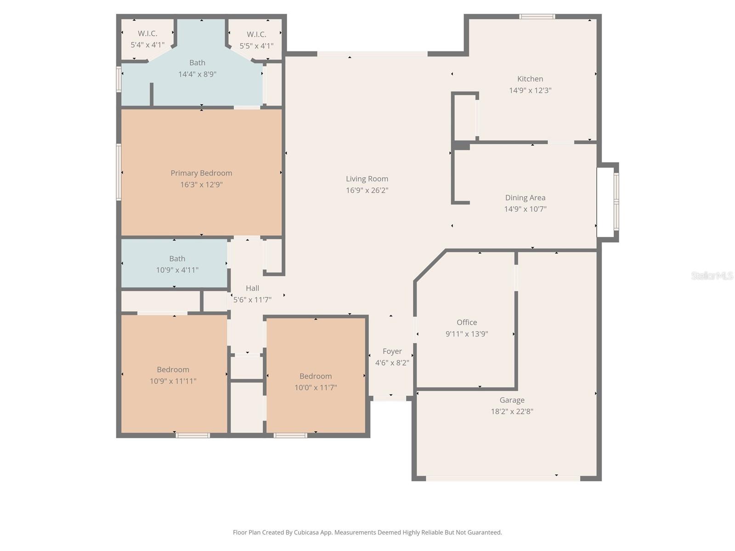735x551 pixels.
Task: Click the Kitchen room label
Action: click(530, 79)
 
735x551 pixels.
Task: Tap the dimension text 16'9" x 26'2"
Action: click(367, 191)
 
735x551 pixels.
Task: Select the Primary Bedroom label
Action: click(201, 173)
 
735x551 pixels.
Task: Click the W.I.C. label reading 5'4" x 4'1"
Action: click(147, 39)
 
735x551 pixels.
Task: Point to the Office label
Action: click(467, 322)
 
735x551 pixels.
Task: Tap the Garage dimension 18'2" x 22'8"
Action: click(512, 411)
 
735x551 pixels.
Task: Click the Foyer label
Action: click(392, 351)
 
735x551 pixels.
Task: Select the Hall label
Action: click(252, 288)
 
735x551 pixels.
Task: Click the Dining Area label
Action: click(525, 198)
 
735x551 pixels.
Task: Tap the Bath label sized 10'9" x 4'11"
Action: click(177, 259)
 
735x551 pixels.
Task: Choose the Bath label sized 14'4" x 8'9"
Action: click(197, 63)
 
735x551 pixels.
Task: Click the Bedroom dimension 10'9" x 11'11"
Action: click(173, 381)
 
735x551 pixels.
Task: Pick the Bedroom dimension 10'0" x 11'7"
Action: click(316, 388)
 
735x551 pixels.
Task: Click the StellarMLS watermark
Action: click(712, 275)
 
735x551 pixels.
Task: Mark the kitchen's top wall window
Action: click(537, 17)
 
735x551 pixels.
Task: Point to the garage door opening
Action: click(503, 478)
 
